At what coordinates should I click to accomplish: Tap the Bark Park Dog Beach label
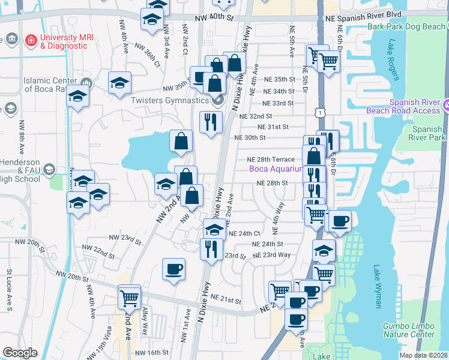(x=406, y=27)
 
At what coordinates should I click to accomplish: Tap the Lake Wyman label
(x=377, y=287)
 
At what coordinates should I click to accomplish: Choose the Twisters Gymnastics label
(x=169, y=100)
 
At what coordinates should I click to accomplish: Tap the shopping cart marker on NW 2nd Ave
(x=129, y=296)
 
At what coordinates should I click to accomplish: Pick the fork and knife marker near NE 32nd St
(x=211, y=122)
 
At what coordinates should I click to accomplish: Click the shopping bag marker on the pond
(x=181, y=142)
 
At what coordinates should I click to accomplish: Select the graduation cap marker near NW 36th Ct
(x=120, y=83)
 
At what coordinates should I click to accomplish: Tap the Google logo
(x=20, y=352)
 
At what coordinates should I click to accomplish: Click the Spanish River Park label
(x=429, y=133)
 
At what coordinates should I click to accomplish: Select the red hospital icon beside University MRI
(x=31, y=41)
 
